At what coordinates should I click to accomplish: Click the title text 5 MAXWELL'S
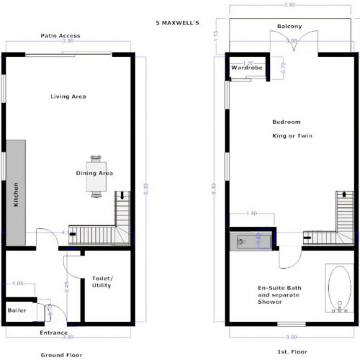point(178,22)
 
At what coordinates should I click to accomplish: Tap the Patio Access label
point(60,35)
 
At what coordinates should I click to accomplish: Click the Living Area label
point(68,96)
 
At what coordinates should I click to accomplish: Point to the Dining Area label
point(94,173)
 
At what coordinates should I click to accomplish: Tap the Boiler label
point(17,310)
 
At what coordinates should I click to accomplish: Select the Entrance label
point(54,333)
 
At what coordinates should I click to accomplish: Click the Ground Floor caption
point(60,354)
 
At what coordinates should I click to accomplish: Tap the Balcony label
point(289,27)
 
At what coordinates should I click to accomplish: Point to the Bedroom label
point(287,121)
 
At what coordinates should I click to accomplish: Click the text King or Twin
point(291,135)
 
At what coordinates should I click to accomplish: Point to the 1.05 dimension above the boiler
point(19,284)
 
